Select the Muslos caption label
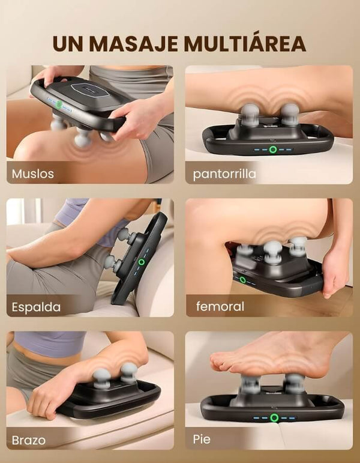(x=33, y=174)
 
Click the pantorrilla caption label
(x=224, y=174)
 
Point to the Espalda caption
(x=36, y=307)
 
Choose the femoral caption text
(x=220, y=306)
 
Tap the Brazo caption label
(x=29, y=440)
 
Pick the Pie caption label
(x=202, y=439)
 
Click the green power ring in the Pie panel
(x=274, y=418)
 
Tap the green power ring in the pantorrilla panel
(x=273, y=150)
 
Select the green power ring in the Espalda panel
(x=142, y=262)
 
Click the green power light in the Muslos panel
(x=59, y=104)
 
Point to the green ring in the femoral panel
(x=242, y=280)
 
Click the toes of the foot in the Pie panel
(x=218, y=361)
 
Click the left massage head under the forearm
(x=102, y=377)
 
